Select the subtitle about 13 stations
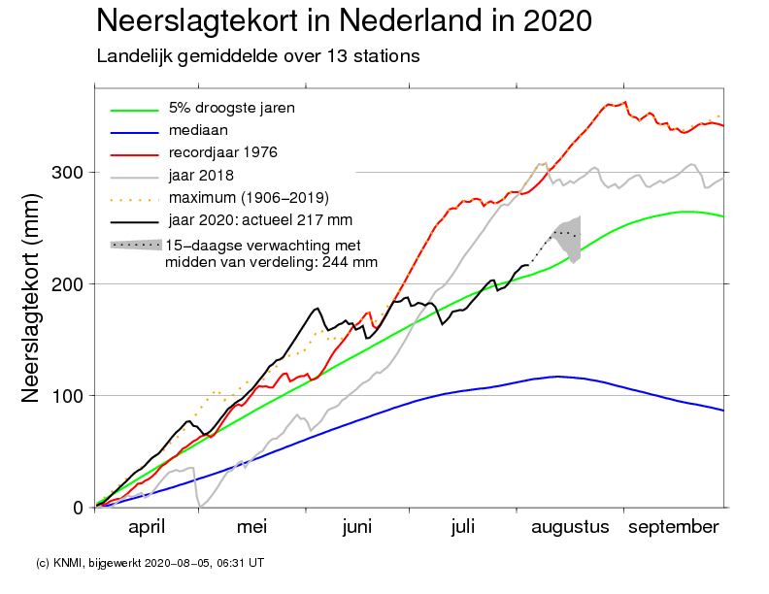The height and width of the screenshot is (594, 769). click(258, 56)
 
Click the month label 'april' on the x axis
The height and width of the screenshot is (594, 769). click(147, 527)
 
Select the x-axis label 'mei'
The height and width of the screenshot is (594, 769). click(251, 527)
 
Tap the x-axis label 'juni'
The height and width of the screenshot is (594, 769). click(357, 527)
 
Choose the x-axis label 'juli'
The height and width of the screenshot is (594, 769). click(463, 527)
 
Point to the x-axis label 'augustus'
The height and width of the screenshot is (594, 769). click(570, 527)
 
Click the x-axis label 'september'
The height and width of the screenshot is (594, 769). click(674, 527)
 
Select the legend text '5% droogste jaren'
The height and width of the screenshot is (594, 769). click(232, 108)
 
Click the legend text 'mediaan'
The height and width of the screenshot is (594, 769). click(199, 130)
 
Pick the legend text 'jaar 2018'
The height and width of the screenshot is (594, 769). click(203, 175)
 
